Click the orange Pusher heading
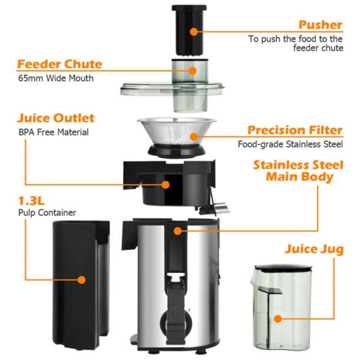tap(320, 25)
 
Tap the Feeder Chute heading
tap(60, 64)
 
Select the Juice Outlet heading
tap(56, 118)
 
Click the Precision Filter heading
tap(295, 130)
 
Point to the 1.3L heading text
tap(33, 200)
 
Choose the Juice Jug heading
tap(314, 249)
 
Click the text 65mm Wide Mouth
tap(56, 78)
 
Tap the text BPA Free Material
tap(53, 132)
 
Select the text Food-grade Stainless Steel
tap(290, 144)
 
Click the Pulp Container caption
tap(47, 213)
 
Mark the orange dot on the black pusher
tap(193, 31)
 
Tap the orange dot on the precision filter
tap(193, 136)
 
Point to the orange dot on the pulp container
tap(81, 279)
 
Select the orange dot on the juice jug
tap(278, 319)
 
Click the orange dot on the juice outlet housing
tap(166, 184)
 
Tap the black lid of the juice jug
tap(281, 269)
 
